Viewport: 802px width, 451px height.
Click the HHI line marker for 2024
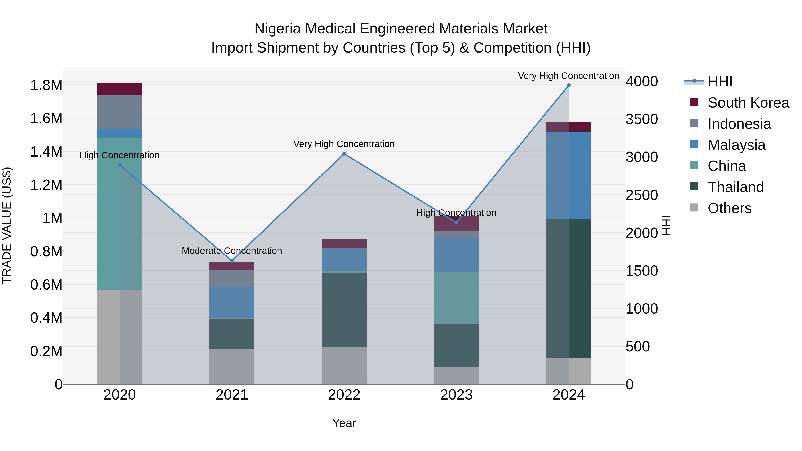pyautogui.click(x=569, y=85)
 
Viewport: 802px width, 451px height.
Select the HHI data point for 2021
pyautogui.click(x=232, y=261)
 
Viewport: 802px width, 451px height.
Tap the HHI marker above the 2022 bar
pyautogui.click(x=344, y=154)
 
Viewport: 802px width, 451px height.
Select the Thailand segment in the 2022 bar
pyautogui.click(x=344, y=310)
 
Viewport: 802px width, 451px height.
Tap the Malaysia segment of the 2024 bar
pyautogui.click(x=569, y=175)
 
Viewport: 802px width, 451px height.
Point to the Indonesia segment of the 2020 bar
pyautogui.click(x=120, y=112)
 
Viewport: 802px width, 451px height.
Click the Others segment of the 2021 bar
pyautogui.click(x=232, y=366)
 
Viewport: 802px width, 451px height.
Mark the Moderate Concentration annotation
pyautogui.click(x=232, y=251)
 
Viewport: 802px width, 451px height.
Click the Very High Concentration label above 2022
pyautogui.click(x=344, y=144)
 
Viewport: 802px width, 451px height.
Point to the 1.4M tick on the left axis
pyautogui.click(x=46, y=152)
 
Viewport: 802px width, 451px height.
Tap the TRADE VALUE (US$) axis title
pyautogui.click(x=7, y=226)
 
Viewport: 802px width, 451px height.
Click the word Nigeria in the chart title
pyautogui.click(x=278, y=29)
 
